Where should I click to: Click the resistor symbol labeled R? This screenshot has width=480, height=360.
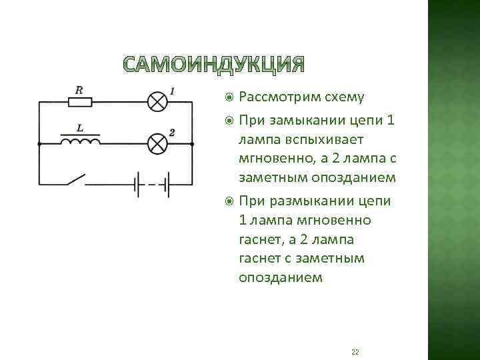[80, 102]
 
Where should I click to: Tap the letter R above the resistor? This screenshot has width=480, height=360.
[79, 89]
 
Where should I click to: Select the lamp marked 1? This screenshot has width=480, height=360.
[157, 101]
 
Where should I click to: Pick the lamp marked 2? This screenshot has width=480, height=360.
[157, 143]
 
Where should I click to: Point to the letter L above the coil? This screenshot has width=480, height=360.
[79, 127]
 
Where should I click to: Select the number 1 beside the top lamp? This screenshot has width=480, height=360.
[172, 91]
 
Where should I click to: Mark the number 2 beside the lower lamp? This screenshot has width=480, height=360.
[172, 133]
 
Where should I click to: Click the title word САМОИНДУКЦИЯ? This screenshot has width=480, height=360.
[213, 65]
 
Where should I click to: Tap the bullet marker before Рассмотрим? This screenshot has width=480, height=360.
[229, 97]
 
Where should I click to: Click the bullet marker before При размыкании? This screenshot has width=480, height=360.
[229, 201]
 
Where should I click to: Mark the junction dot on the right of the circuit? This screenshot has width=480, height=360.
[193, 143]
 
